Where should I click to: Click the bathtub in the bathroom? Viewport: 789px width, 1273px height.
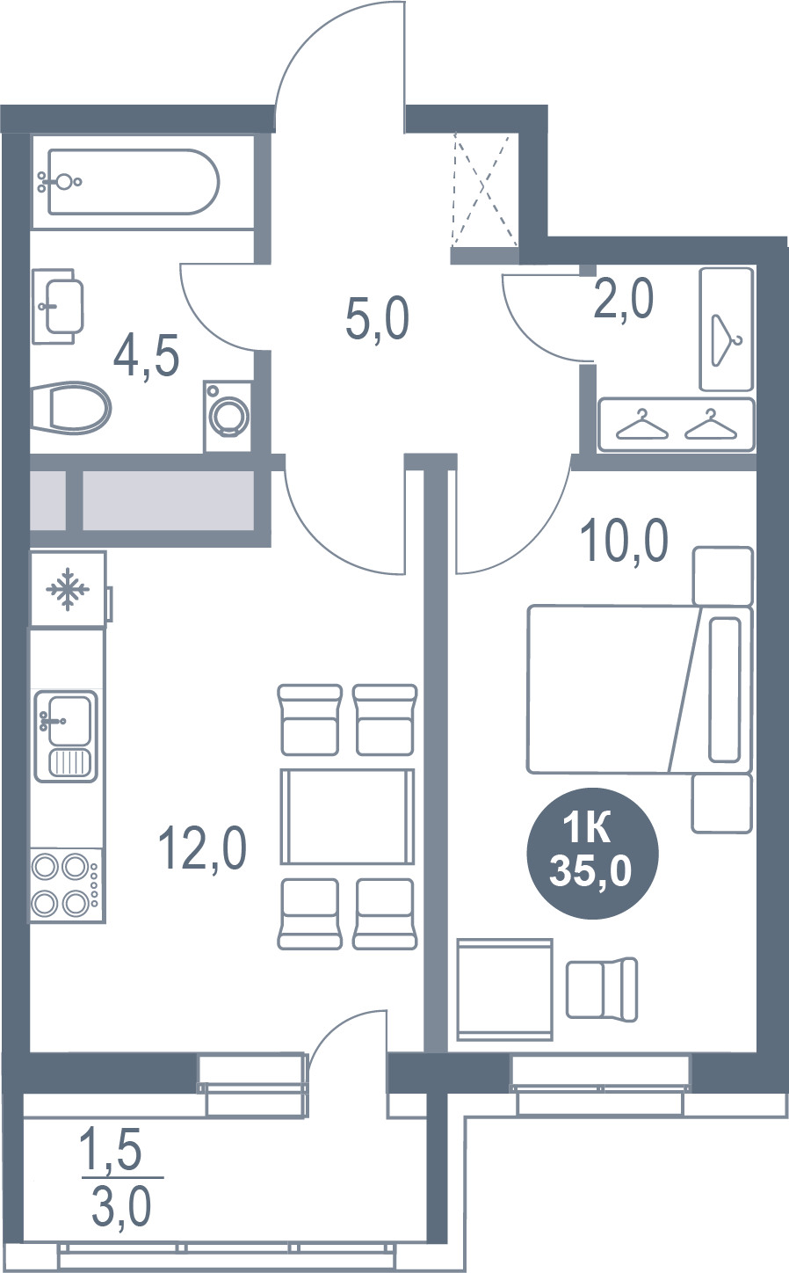[134, 182]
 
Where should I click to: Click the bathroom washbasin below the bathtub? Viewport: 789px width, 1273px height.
[58, 306]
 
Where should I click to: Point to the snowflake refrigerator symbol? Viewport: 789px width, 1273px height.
[69, 589]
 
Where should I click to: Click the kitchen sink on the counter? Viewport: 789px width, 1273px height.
[66, 736]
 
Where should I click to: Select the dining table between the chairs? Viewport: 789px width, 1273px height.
[347, 817]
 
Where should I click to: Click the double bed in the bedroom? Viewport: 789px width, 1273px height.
[640, 688]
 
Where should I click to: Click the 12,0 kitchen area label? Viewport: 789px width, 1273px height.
[202, 848]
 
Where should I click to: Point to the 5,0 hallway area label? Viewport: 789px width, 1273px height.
[377, 319]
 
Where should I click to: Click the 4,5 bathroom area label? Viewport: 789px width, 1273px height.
[147, 356]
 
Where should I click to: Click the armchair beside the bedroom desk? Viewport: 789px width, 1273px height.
[602, 988]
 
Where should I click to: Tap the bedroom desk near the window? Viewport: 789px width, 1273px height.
[504, 989]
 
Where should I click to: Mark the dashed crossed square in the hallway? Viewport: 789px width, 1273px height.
[486, 190]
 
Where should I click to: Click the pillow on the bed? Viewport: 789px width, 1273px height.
[726, 688]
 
